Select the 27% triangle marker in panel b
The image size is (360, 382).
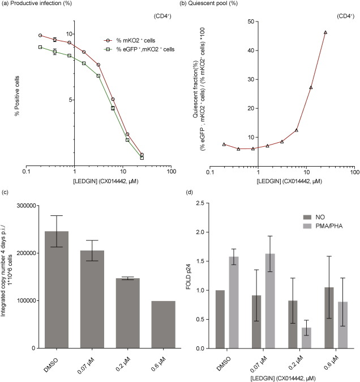point(311,87)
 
